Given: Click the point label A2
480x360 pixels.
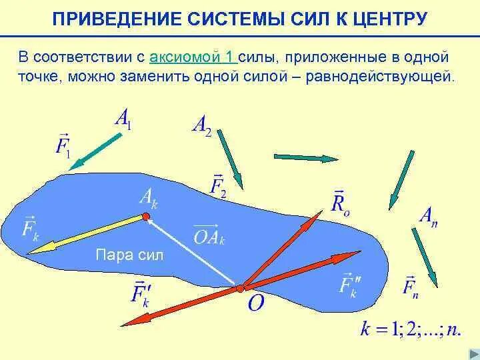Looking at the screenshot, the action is tap(201, 125).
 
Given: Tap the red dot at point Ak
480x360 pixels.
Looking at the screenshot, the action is tap(145, 216).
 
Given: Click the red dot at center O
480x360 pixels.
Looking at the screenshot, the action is tap(239, 289).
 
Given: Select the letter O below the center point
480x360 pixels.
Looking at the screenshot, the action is tap(256, 303).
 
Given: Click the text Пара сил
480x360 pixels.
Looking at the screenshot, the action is tap(129, 255).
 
